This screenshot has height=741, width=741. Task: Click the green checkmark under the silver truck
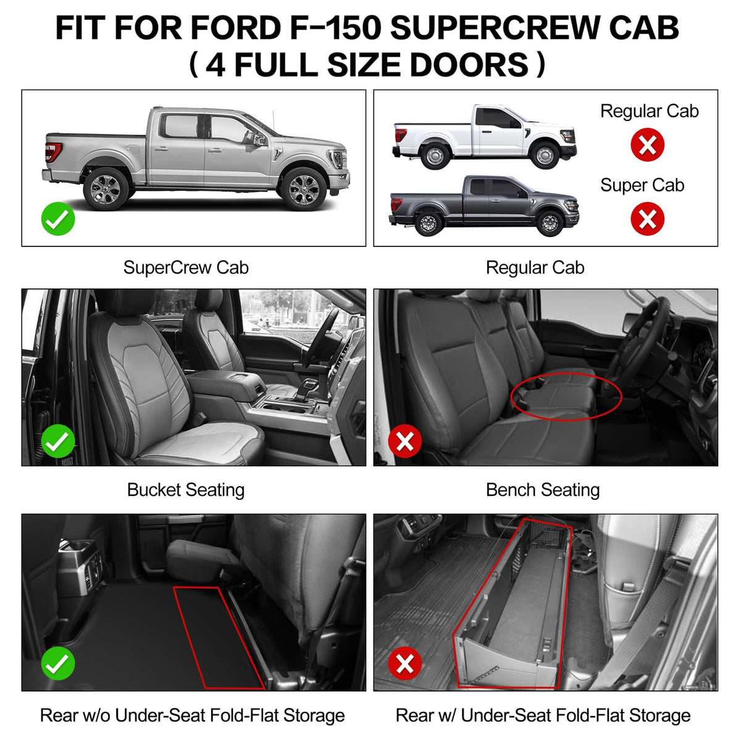pyautogui.click(x=58, y=219)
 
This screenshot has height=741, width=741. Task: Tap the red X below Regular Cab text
pyautogui.click(x=647, y=144)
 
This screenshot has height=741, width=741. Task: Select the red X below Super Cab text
pyautogui.click(x=647, y=219)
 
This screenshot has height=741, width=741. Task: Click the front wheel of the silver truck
pyautogui.click(x=303, y=189)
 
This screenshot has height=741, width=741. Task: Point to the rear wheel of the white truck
pyautogui.click(x=435, y=156)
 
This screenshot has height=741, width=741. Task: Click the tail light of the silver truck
pyautogui.click(x=53, y=153)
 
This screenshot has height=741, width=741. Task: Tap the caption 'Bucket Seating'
pyautogui.click(x=186, y=490)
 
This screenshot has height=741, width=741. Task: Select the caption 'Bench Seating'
pyautogui.click(x=543, y=490)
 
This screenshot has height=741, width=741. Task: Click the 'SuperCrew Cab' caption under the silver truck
pyautogui.click(x=186, y=267)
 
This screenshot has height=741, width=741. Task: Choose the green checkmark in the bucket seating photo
pyautogui.click(x=58, y=441)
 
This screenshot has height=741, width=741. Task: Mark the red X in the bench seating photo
pyautogui.click(x=405, y=441)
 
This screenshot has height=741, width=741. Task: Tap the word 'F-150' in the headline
pyautogui.click(x=335, y=28)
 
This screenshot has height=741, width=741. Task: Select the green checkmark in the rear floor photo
pyautogui.click(x=58, y=663)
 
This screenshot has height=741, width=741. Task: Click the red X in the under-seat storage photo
pyautogui.click(x=405, y=663)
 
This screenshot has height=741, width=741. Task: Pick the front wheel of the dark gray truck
pyautogui.click(x=550, y=223)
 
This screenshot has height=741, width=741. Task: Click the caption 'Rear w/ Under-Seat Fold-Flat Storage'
pyautogui.click(x=543, y=716)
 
